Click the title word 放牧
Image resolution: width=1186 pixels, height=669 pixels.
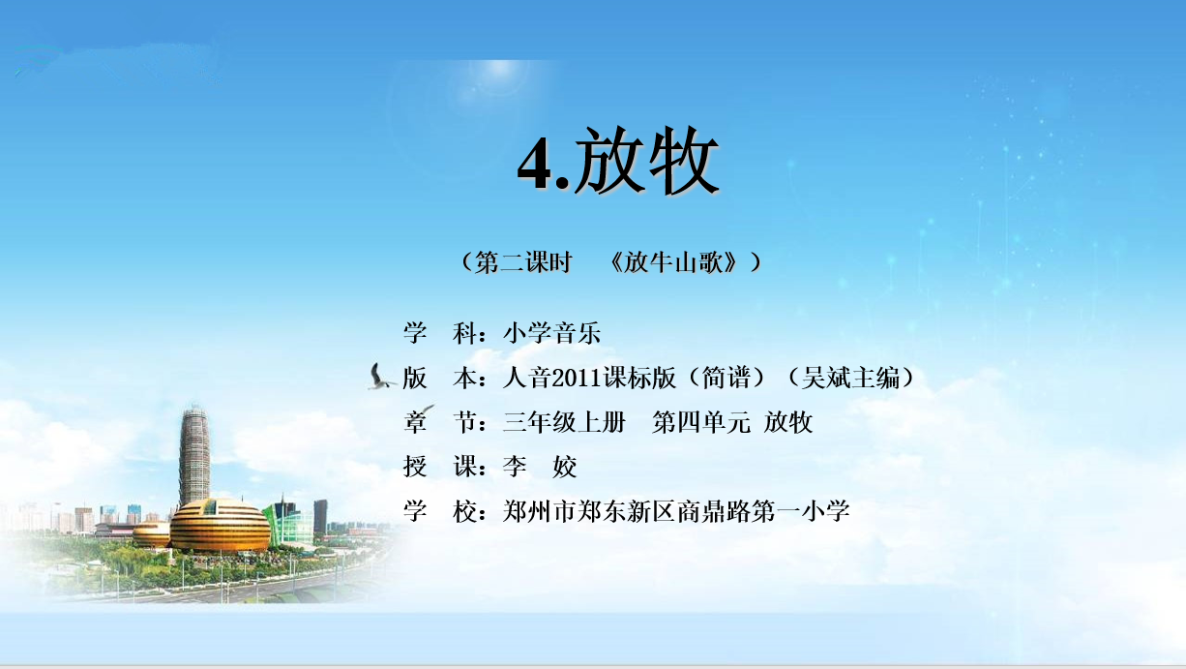click(646, 161)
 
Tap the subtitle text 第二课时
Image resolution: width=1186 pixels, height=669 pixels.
click(523, 262)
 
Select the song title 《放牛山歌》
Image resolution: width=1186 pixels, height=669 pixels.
click(673, 262)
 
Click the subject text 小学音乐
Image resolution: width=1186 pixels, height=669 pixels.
click(551, 333)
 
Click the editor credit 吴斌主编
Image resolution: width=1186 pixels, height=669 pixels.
click(850, 379)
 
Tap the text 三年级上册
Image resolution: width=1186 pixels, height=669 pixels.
click(564, 423)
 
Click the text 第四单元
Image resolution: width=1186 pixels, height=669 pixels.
click(701, 423)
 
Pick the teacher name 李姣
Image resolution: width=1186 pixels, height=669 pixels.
click(540, 467)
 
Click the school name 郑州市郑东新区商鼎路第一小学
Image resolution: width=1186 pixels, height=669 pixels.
click(676, 511)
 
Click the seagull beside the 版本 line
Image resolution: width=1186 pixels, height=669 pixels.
click(381, 378)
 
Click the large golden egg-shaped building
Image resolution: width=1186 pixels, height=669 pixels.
click(220, 526)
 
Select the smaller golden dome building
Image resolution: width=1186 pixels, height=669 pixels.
click(152, 532)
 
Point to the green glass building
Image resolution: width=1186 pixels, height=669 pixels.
click(287, 524)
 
